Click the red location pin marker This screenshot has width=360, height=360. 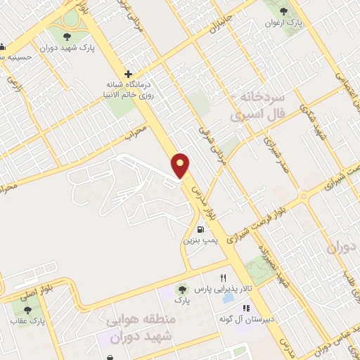[x=181, y=165]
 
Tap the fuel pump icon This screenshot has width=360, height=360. [x=202, y=229]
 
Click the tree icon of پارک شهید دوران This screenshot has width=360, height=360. [x=67, y=37]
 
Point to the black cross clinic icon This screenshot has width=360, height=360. [x=127, y=73]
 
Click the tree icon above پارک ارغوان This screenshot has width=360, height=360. [x=284, y=11]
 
